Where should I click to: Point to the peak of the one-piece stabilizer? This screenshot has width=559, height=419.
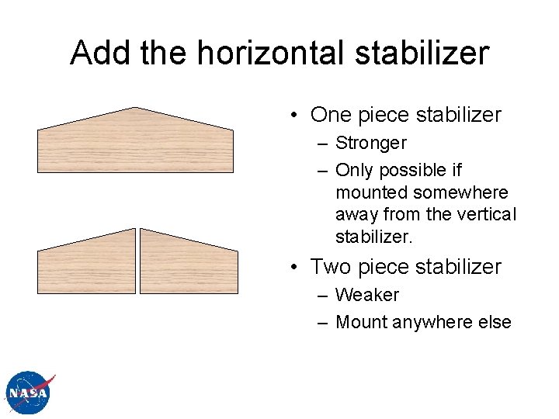[x=135, y=109]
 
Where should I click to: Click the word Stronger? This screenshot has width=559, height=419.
[x=370, y=144]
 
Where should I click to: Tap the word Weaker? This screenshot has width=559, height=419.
[x=366, y=296]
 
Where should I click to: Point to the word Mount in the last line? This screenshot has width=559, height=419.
[x=360, y=322]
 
